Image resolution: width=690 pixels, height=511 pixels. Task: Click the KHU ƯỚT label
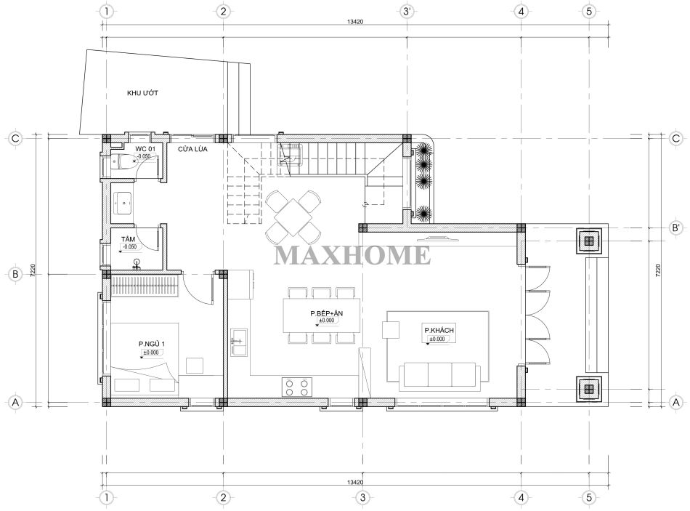142,93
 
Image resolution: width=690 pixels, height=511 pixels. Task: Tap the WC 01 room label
145,149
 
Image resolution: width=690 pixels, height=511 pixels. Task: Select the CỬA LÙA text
192,149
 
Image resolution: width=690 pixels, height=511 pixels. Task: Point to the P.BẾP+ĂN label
327,313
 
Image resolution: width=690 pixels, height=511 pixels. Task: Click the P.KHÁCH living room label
439,330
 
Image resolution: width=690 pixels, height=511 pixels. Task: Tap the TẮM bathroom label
128,239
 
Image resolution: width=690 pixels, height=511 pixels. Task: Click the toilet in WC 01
124,162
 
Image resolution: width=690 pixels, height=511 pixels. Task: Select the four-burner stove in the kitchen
297,387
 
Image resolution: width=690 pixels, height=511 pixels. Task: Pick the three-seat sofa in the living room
439,377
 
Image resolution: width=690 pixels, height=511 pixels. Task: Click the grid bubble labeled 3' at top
407,12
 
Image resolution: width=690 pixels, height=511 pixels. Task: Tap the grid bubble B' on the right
676,228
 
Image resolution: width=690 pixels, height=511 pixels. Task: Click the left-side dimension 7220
33,270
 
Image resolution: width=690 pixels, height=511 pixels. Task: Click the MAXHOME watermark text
352,256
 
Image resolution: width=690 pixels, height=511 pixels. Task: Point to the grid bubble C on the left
15,138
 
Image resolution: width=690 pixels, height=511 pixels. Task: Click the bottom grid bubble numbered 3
362,498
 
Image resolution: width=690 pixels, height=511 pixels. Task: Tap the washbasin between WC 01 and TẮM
123,203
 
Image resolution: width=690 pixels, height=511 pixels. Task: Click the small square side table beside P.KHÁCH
390,329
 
